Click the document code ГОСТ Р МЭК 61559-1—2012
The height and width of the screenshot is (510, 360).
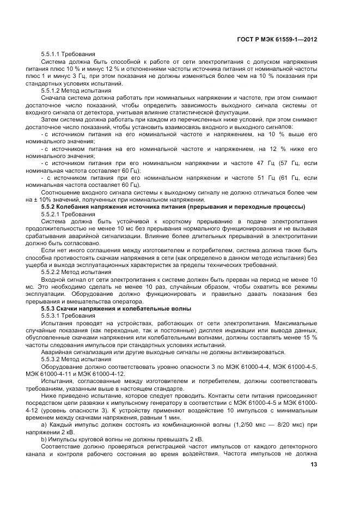click(278, 40)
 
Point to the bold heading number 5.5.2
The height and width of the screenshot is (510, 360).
click(50, 208)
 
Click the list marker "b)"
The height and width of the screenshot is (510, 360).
click(44, 438)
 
